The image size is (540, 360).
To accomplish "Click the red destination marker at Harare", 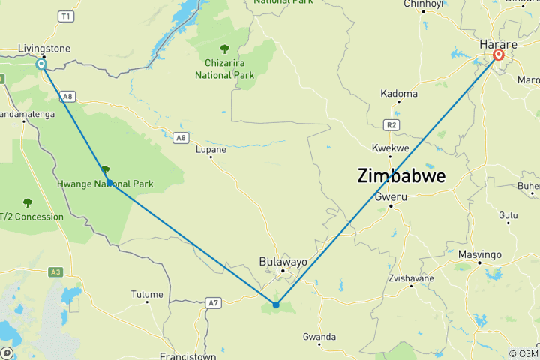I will [498, 55].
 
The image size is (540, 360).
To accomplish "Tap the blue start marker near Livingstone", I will [41, 64].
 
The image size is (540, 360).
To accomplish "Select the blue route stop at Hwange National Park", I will [109, 183].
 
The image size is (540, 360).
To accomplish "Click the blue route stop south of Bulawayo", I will [276, 304].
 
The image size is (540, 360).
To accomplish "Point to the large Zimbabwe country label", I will [401, 176].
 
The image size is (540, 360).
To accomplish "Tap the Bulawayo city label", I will [283, 261].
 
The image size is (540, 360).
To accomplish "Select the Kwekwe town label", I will [391, 148].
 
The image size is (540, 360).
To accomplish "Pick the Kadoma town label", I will [399, 94].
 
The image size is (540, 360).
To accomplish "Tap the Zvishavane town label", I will [413, 277].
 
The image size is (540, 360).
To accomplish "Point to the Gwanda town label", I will [319, 337].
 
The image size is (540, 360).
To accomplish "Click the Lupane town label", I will [211, 150].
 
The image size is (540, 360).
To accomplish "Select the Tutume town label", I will [146, 294].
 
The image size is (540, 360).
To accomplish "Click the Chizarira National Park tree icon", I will [224, 49].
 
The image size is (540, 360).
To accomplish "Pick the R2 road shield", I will [390, 125].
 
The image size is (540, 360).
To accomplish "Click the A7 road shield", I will [214, 302].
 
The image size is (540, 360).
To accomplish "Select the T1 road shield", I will [67, 15].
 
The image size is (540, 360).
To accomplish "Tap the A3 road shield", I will [55, 271].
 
